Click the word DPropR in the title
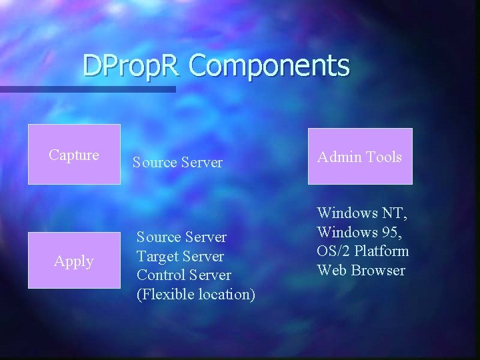click(132, 66)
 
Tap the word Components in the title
click(269, 66)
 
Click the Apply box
click(74, 260)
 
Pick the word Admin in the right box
click(337, 157)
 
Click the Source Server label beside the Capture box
click(177, 163)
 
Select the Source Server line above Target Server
click(181, 237)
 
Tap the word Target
click(157, 257)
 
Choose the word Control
click(161, 275)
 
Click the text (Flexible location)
click(195, 295)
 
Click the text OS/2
click(333, 251)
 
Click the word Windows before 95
click(347, 233)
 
